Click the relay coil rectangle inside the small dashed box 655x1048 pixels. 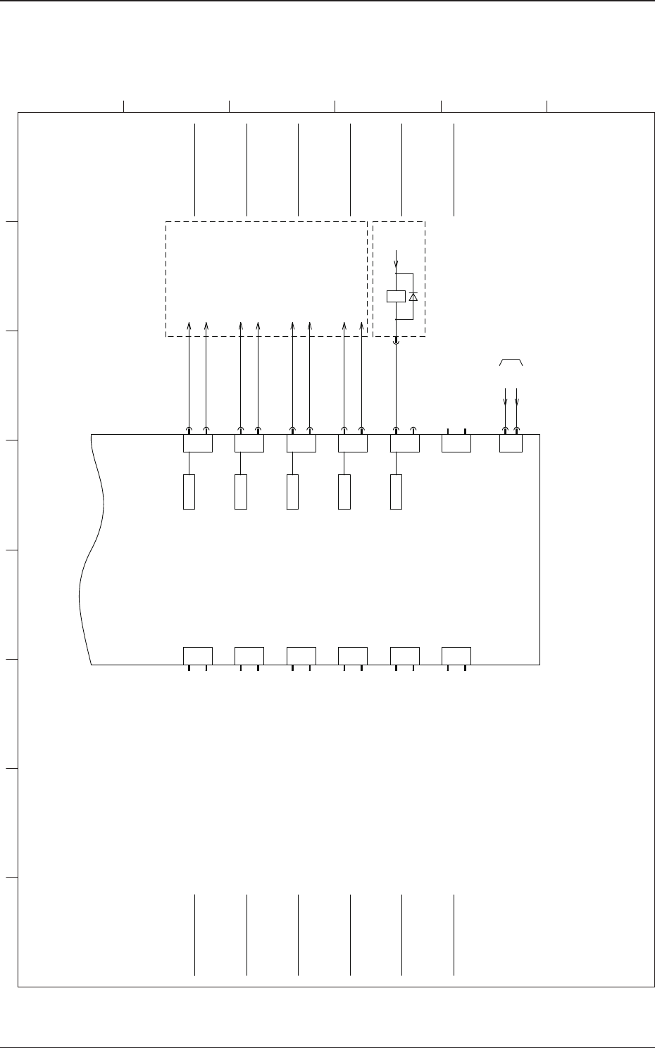pos(396,297)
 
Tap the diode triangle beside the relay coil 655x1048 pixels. pos(413,297)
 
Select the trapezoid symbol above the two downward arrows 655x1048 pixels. pos(511,363)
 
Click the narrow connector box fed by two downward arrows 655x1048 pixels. pos(511,443)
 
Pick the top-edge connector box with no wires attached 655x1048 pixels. pos(456,443)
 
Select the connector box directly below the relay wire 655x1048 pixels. pos(405,443)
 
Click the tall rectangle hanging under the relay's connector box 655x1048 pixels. pos(396,492)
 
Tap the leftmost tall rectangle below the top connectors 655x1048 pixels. pos(189,492)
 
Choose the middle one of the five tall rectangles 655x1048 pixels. pos(292,492)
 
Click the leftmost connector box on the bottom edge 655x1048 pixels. pos(198,655)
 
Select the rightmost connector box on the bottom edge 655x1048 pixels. pos(456,655)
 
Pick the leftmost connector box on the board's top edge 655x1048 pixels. pos(198,443)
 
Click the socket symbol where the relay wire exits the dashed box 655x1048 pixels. pos(396,342)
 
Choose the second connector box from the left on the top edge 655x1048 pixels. pos(249,443)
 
